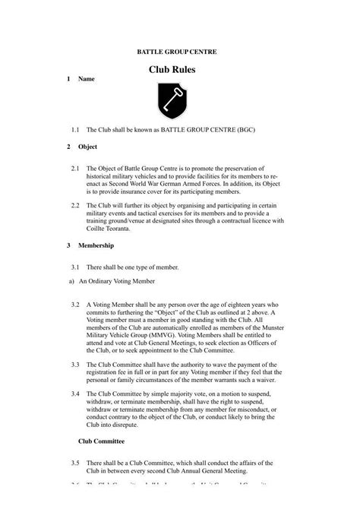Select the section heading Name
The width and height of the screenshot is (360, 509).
click(86, 79)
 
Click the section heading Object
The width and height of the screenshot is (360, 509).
click(87, 147)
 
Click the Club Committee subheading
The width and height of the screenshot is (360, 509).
click(102, 441)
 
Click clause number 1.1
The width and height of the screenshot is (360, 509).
click(75, 130)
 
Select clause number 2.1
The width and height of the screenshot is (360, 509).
click(75, 167)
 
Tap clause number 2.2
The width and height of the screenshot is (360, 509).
click(75, 205)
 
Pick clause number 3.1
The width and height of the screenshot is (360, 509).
click(75, 267)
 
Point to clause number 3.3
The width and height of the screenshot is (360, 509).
click(75, 365)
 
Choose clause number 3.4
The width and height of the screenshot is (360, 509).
click(75, 394)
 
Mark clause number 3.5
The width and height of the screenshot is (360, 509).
click(75, 462)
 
